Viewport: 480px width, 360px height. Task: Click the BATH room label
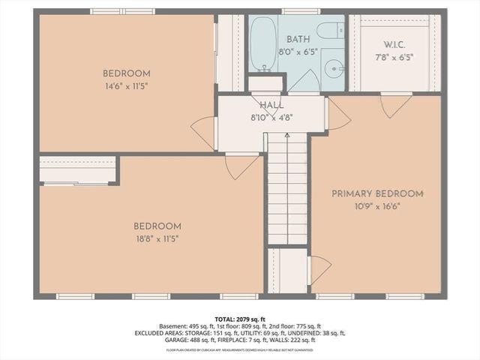tap(298, 40)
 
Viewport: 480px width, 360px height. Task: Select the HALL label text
tap(271, 105)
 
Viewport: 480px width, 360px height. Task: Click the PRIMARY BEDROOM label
tap(378, 193)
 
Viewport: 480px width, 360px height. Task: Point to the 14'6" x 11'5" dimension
tap(127, 86)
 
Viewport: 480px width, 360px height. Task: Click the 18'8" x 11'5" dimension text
tap(157, 238)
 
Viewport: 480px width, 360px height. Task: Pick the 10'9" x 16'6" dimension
tap(378, 206)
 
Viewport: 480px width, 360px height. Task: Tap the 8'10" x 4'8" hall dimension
tap(271, 117)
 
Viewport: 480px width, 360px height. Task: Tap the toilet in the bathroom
tap(328, 31)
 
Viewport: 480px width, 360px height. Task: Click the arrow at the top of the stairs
tap(287, 136)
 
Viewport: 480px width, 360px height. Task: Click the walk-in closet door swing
tap(396, 105)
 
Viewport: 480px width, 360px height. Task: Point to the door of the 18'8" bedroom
tap(241, 166)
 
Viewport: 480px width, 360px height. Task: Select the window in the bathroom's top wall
tap(301, 11)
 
